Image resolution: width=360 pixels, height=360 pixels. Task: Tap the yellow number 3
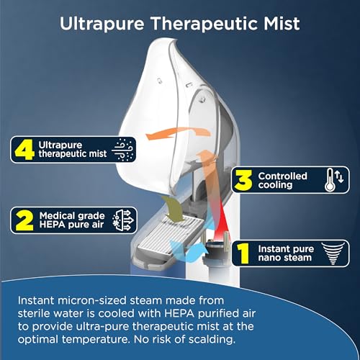(x=244, y=181)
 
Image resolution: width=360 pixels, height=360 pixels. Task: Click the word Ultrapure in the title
(x=100, y=23)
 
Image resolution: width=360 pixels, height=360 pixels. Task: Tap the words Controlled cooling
(x=282, y=181)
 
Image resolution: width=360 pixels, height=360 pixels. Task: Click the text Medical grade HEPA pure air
(x=73, y=219)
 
